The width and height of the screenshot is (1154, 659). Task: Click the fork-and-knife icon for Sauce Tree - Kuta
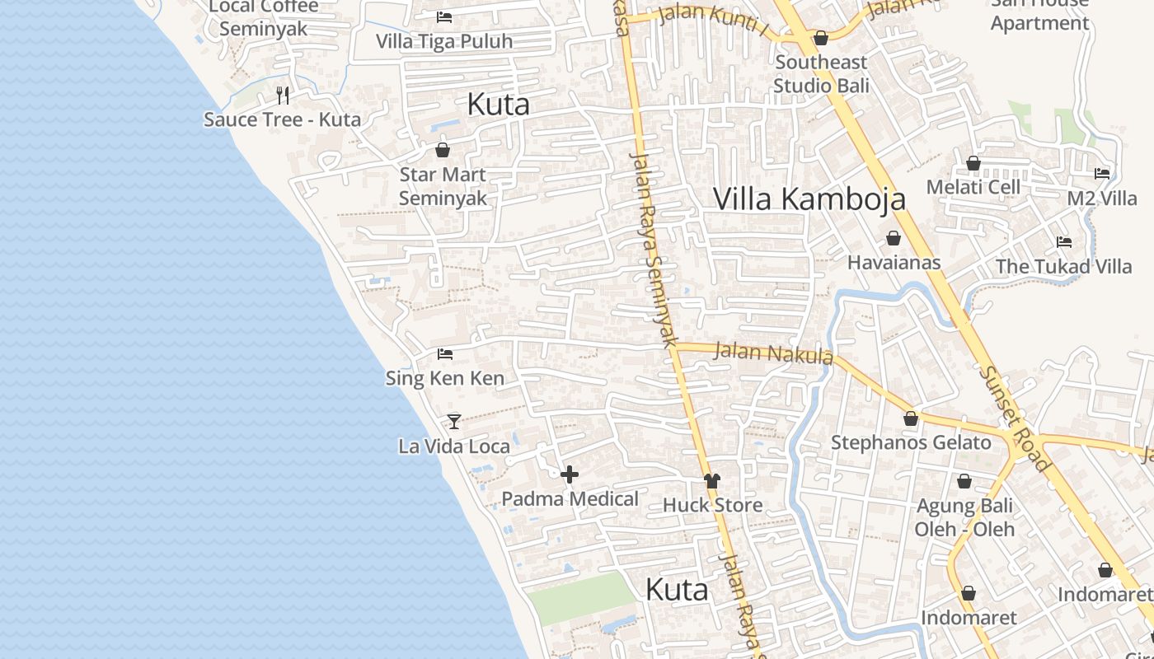[283, 96]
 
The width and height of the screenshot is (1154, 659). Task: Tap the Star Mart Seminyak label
[443, 186]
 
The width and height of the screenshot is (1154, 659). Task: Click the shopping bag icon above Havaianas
[893, 239]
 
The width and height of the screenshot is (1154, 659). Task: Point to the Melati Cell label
[973, 187]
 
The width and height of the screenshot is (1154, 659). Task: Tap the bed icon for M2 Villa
[1102, 174]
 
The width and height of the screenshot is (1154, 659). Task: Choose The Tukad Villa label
[1063, 266]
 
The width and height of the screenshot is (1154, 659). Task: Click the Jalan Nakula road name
[773, 353]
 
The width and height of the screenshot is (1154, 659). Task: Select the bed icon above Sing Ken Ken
[445, 354]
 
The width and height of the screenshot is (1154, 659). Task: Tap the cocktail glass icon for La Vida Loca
[453, 422]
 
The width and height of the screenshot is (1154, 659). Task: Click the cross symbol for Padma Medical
[570, 474]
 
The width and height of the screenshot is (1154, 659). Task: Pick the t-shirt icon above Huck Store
[712, 481]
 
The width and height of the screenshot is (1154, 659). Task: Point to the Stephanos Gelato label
[911, 442]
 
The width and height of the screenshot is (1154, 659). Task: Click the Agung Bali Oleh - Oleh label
[964, 517]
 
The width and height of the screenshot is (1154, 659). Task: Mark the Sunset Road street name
[1015, 418]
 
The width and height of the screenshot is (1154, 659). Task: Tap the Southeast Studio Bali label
[821, 73]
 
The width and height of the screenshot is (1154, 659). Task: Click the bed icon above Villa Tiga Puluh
[444, 17]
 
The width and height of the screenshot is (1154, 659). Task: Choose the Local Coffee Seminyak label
[264, 17]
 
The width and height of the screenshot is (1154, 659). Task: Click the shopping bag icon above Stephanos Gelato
[911, 419]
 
